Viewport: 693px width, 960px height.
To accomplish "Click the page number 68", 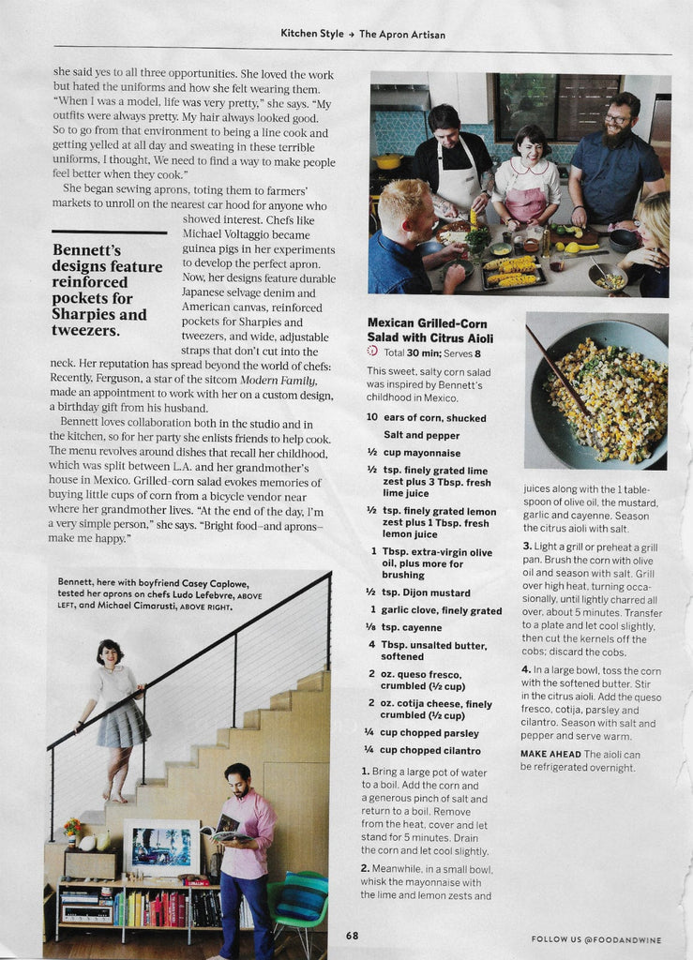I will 352,935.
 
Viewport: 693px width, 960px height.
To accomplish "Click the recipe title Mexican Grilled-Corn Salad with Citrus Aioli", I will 429,330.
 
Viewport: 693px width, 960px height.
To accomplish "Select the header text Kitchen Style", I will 312,34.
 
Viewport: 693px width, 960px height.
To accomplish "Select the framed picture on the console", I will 161,847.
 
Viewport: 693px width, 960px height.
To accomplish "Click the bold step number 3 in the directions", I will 526,546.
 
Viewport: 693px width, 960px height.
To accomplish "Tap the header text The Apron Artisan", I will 401,34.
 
